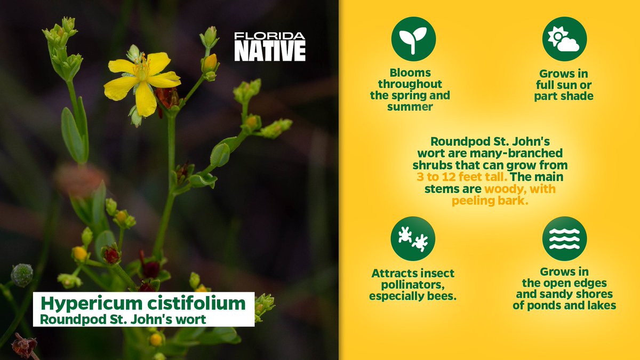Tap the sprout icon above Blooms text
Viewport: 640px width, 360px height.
coord(413,39)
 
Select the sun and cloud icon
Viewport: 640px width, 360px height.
coord(564,39)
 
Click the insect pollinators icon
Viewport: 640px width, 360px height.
coord(413,238)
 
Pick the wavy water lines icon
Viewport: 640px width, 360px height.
coord(564,238)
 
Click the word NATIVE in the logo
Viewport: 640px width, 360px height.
coord(270,51)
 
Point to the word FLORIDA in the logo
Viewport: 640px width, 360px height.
coord(270,36)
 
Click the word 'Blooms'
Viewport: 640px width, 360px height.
coord(410,73)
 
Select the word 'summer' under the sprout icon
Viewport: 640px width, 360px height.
coord(410,107)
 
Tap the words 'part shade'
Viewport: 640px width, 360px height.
coord(564,97)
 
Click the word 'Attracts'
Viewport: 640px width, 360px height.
coord(391,273)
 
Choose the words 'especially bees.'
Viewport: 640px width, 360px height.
coord(413,295)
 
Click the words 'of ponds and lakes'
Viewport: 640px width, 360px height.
coord(564,306)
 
